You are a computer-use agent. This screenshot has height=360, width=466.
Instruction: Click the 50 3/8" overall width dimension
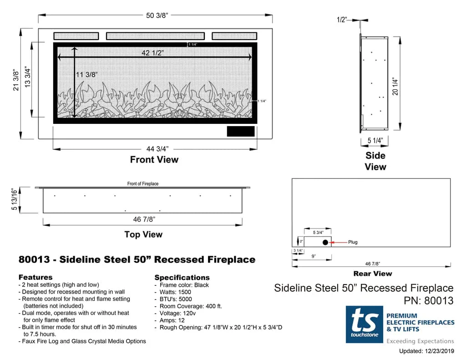(157, 16)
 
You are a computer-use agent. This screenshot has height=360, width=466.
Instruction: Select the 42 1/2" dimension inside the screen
(153, 53)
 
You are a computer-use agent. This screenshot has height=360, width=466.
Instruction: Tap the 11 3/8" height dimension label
(86, 74)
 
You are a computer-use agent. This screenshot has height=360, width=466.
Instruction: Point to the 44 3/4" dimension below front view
(157, 148)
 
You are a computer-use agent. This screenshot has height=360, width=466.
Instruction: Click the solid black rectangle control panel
(241, 132)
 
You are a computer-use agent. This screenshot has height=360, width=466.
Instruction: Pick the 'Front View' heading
(154, 160)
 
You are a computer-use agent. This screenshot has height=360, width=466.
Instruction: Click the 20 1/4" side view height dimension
(395, 86)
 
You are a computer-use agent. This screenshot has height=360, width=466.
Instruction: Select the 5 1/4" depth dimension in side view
(375, 141)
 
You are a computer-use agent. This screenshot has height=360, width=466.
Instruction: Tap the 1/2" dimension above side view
(342, 20)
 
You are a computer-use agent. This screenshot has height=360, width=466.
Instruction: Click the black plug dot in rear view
(325, 242)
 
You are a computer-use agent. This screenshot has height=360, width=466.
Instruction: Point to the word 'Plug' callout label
(353, 242)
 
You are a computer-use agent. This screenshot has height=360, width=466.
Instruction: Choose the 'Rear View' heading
(372, 274)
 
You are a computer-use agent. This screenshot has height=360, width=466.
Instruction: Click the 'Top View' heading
(143, 234)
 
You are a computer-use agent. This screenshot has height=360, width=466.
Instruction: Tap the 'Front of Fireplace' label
(143, 184)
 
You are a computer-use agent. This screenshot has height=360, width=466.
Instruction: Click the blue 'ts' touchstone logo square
(364, 324)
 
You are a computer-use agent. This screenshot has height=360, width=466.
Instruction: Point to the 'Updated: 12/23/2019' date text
(426, 351)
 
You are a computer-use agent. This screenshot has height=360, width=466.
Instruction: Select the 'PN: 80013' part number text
(429, 300)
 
